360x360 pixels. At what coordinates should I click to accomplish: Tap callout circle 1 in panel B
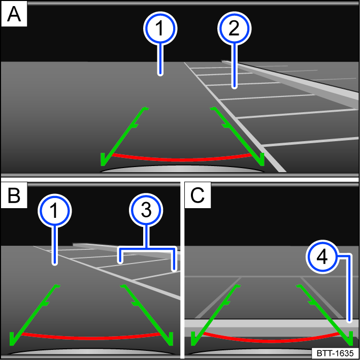[55, 211]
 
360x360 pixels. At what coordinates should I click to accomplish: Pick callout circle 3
[147, 211]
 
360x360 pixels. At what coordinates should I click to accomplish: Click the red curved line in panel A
[183, 159]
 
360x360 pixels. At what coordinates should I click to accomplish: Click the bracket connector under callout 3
[147, 248]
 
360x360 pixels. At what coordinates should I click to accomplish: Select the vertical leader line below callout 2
[234, 66]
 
